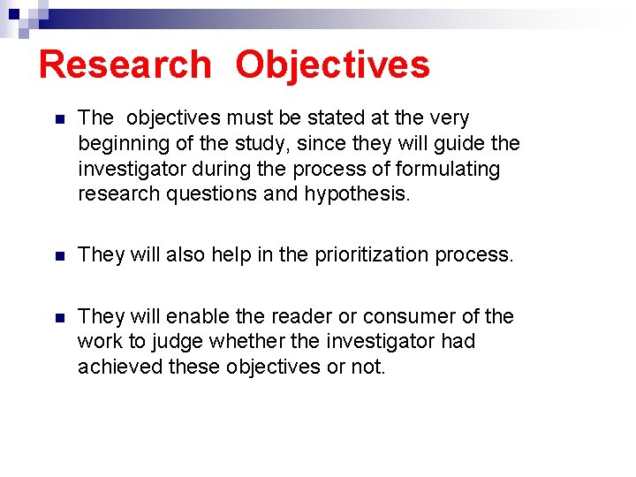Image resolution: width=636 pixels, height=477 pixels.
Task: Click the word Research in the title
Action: point(125,64)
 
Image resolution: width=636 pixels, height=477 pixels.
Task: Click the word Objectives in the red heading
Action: point(333,64)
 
